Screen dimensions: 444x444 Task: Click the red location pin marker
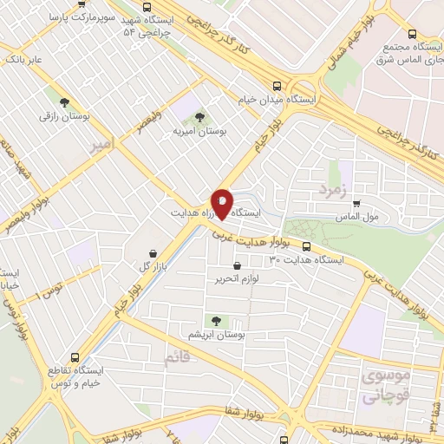222,203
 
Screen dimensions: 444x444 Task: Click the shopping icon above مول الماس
356,203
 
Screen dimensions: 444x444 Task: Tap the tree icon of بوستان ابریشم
207,319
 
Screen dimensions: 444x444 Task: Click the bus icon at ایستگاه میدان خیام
277,85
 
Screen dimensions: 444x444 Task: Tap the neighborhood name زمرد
332,188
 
